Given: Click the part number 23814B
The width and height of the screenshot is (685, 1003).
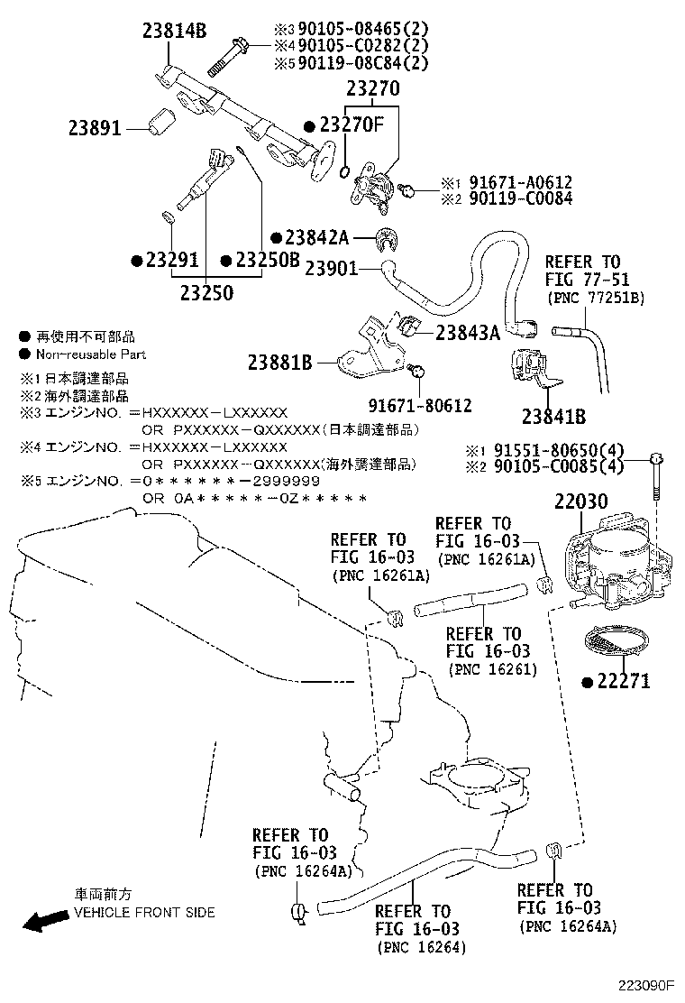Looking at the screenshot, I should coord(174,32).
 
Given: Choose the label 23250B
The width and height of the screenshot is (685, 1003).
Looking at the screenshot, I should coord(267,261).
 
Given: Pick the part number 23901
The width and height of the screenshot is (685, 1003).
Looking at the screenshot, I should coord(331,268).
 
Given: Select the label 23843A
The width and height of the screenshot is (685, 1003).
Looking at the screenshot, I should coord(467,332).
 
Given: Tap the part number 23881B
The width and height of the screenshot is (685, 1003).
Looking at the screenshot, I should coord(279,363).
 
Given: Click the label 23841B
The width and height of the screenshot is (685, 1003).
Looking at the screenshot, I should coord(553,417).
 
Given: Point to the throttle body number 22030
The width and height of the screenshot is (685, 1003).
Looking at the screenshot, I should coord(580,502).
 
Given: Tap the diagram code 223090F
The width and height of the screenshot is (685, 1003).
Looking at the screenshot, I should coord(645,986).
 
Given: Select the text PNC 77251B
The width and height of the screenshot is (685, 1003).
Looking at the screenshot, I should coord(595,298).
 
